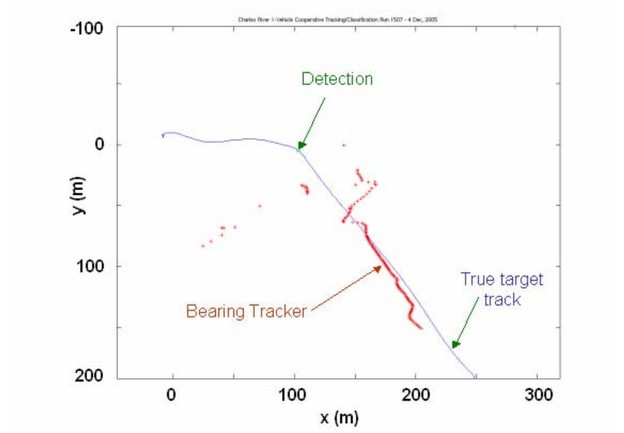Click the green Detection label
pos(337,79)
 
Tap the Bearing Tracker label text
pos(246,311)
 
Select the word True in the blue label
pos(478,279)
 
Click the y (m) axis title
pos(78,196)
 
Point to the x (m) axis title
pos(339,418)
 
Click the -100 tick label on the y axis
pos(86,29)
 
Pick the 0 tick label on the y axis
pos(99,144)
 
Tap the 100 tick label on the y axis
pos(90,266)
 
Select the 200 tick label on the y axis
pos(89,375)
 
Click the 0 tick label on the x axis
pos(171,395)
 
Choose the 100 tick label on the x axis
pos(292,395)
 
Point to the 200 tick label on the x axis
pos(415,395)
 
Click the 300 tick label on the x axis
pos(538,395)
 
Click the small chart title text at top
pos(338,19)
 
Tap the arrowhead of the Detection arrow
pos(301,146)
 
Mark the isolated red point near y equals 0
pos(343,145)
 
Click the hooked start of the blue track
pos(163,134)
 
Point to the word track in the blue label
pos(502,299)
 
